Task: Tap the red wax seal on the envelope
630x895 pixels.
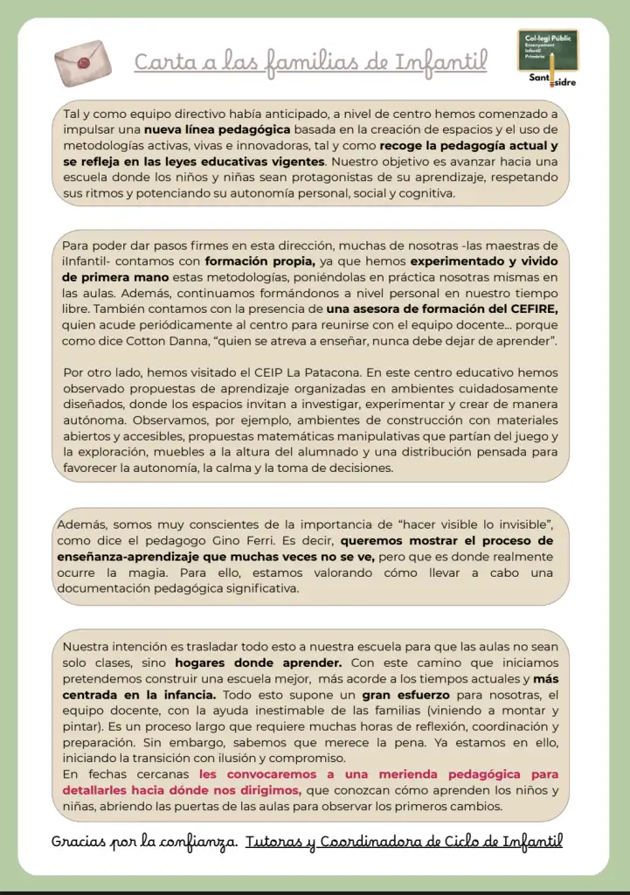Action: point(86,63)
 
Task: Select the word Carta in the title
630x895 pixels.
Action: point(163,63)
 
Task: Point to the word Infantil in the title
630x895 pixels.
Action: point(441,63)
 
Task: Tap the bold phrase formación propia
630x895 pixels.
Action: point(259,260)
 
